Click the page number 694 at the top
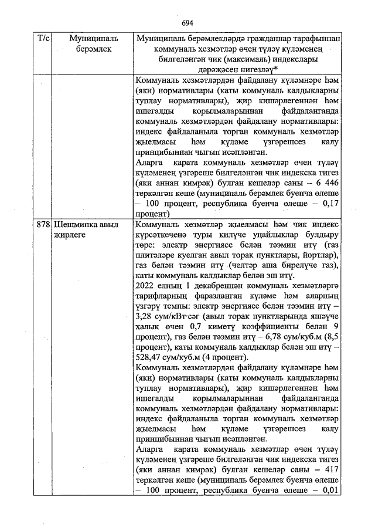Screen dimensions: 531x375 point(187,23)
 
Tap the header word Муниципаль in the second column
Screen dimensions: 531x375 point(93,38)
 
